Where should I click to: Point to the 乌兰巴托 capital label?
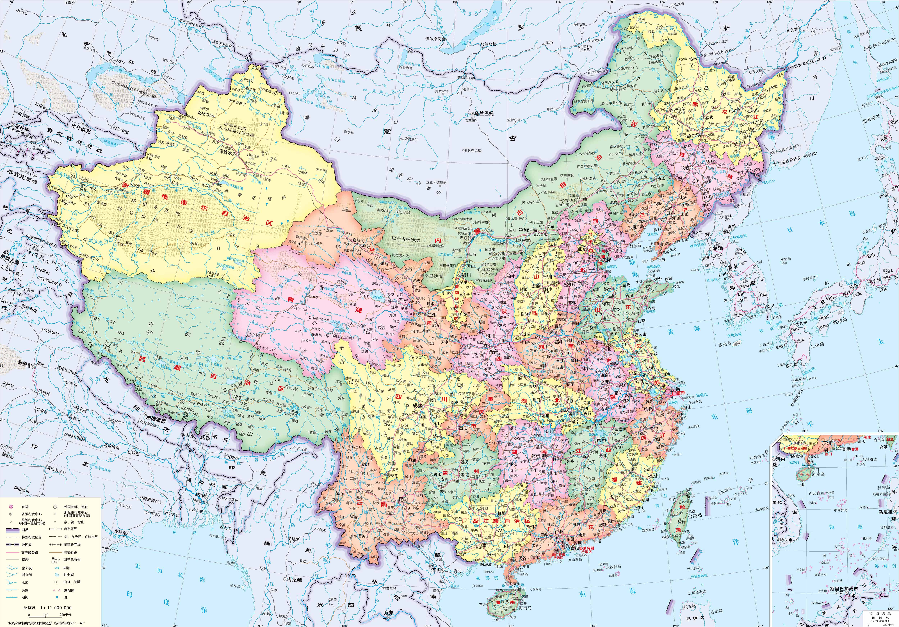[483, 113]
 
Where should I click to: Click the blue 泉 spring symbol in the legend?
[58, 597]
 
